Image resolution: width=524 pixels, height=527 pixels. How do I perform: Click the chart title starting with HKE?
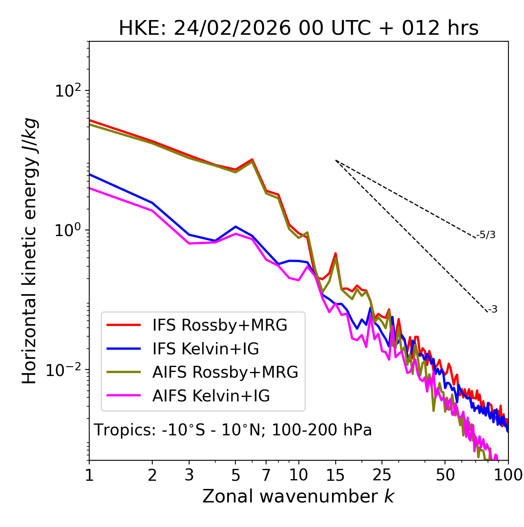pos(298,29)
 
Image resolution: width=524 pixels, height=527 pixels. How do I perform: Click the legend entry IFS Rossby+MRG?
pos(219,325)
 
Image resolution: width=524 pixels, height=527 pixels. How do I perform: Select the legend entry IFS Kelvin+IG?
pos(206,349)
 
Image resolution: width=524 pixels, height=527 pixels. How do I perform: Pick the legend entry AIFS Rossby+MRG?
pos(225,372)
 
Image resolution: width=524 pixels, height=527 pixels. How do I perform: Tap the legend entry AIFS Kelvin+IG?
pos(211,396)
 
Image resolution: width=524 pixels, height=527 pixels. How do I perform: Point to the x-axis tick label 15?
pos(335,475)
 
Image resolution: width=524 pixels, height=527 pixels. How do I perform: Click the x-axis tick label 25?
pos(382,475)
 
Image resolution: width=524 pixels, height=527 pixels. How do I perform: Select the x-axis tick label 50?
pos(445,475)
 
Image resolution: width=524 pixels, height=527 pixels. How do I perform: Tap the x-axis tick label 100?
pos(508,475)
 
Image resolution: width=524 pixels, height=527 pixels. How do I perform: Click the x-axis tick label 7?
pos(266,475)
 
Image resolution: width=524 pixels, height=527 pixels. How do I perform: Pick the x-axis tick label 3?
pos(189,475)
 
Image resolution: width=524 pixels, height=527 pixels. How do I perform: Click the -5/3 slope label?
pos(486,235)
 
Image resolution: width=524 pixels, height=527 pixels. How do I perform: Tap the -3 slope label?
pos(492,309)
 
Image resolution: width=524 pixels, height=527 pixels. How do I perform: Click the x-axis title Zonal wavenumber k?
pos(298,496)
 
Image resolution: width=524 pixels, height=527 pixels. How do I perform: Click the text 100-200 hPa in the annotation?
pos(322,430)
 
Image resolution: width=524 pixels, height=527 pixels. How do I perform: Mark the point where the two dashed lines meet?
pos(336,160)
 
